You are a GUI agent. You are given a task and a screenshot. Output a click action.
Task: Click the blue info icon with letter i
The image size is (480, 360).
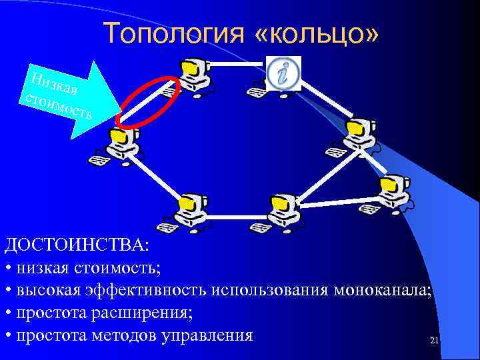[283, 71]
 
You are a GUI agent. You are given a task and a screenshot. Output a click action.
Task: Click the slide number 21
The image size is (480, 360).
[434, 341]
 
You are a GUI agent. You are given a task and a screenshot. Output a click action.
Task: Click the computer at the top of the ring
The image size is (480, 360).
[193, 74]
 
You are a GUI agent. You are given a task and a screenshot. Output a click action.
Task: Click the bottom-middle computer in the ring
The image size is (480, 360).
[280, 209]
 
